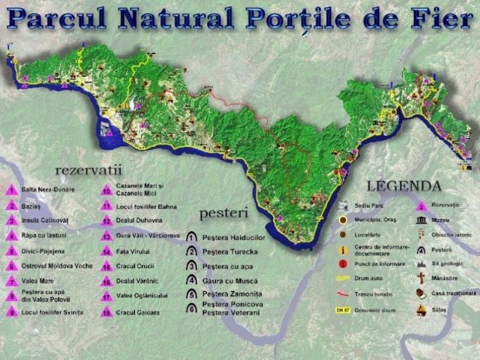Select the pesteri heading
[223, 212]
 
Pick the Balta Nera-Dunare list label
[48, 190]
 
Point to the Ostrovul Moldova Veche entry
[59, 266]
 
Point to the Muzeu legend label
[452, 220]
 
